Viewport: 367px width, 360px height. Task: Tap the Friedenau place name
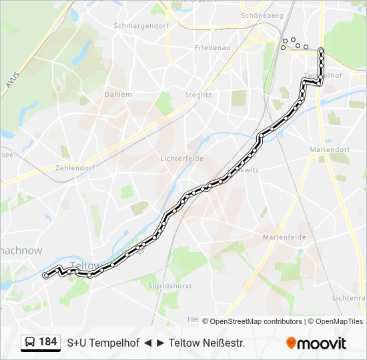(x=212, y=48)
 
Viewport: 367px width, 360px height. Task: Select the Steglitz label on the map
(x=198, y=95)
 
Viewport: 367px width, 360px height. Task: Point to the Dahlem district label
(x=118, y=95)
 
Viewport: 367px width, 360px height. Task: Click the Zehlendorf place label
(x=75, y=168)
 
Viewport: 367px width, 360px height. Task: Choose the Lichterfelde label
(x=182, y=159)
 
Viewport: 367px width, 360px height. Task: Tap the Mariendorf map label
(x=330, y=150)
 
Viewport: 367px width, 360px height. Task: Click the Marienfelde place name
(x=284, y=237)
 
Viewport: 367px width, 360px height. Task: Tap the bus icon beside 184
(x=30, y=343)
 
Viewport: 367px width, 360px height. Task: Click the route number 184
(x=47, y=342)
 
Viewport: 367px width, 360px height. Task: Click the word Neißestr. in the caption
(x=224, y=343)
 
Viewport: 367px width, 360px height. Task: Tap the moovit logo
(x=316, y=343)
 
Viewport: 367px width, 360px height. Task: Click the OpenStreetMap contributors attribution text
(x=256, y=321)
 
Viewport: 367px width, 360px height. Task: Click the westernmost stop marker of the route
(x=45, y=275)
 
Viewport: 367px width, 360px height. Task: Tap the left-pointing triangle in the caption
(x=147, y=343)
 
